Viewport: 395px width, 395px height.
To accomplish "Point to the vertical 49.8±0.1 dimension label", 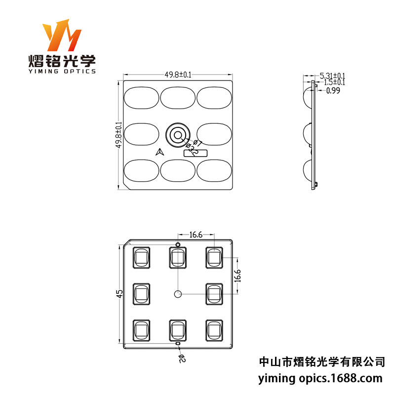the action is click(118, 135).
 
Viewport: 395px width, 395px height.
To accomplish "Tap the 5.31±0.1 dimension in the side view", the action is click(333, 76).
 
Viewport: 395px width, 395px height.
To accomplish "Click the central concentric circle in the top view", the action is click(177, 134).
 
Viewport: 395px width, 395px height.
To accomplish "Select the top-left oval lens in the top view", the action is click(140, 97).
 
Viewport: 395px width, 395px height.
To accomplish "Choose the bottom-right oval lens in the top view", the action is click(215, 171).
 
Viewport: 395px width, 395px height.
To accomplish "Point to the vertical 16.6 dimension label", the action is click(237, 275).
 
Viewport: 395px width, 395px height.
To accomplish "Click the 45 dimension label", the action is click(119, 294).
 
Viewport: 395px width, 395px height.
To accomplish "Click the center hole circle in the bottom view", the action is click(178, 294).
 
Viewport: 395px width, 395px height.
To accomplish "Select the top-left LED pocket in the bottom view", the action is click(141, 257).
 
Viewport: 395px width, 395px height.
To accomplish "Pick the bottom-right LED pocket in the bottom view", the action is click(214, 330).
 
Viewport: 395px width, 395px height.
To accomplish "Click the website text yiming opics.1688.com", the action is click(320, 379).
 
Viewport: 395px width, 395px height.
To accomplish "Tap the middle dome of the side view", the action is click(307, 133).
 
